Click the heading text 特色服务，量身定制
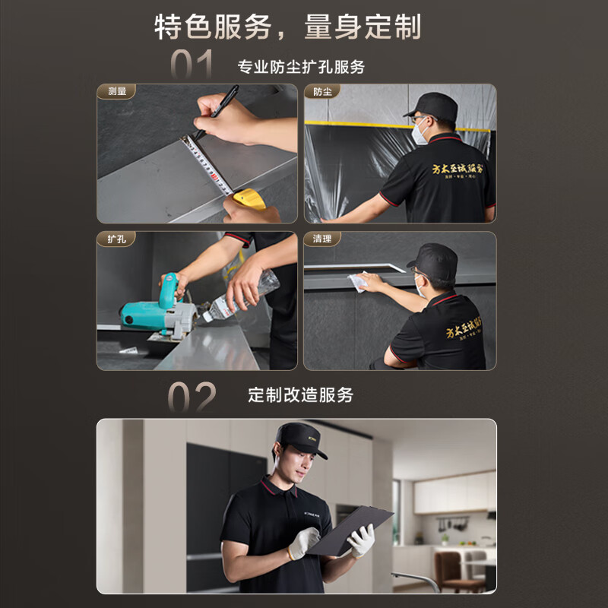point(287,27)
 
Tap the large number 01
point(192,66)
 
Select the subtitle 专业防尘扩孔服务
point(301,67)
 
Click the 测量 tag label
point(117,92)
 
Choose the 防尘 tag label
point(322,92)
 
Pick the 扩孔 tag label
point(116,239)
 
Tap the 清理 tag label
point(322,239)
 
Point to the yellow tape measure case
point(249,199)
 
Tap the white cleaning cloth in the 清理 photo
point(359,281)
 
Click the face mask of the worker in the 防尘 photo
point(420,132)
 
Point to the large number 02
point(192,397)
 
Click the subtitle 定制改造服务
point(301,395)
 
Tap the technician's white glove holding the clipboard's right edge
point(362,540)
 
